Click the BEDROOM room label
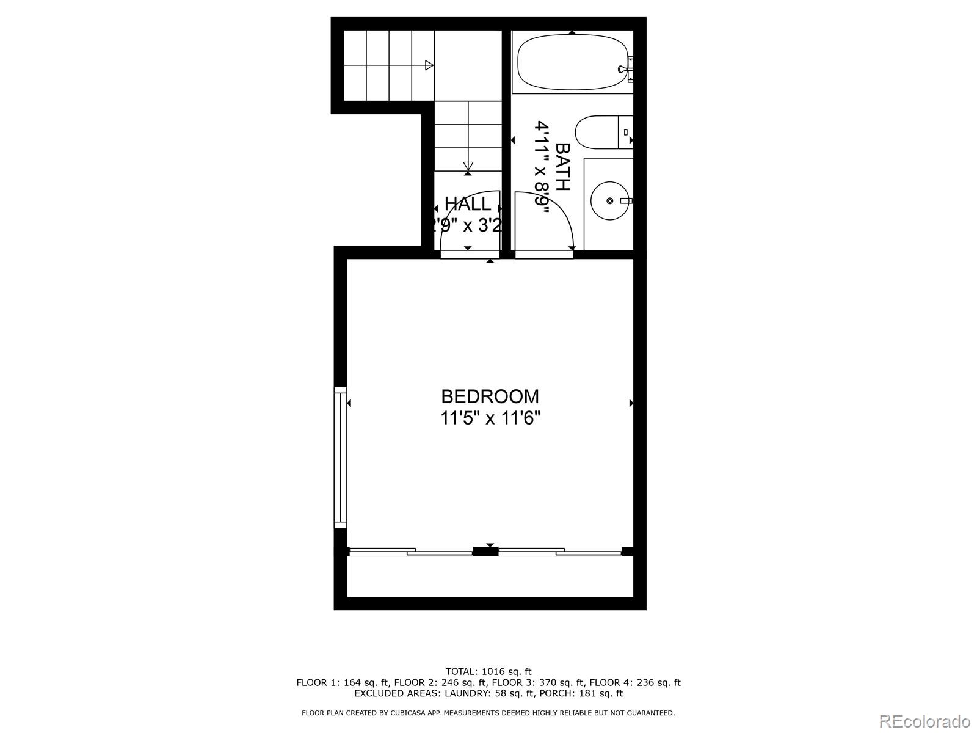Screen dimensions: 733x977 490,396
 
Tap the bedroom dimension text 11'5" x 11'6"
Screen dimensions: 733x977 490,418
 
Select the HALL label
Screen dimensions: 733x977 467,203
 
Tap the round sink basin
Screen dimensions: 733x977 609,200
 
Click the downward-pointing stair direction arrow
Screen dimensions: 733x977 468,166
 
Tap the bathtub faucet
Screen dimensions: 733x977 627,68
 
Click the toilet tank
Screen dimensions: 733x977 626,132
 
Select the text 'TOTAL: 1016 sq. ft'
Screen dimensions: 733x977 488,671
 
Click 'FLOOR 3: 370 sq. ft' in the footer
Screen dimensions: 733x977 537,682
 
